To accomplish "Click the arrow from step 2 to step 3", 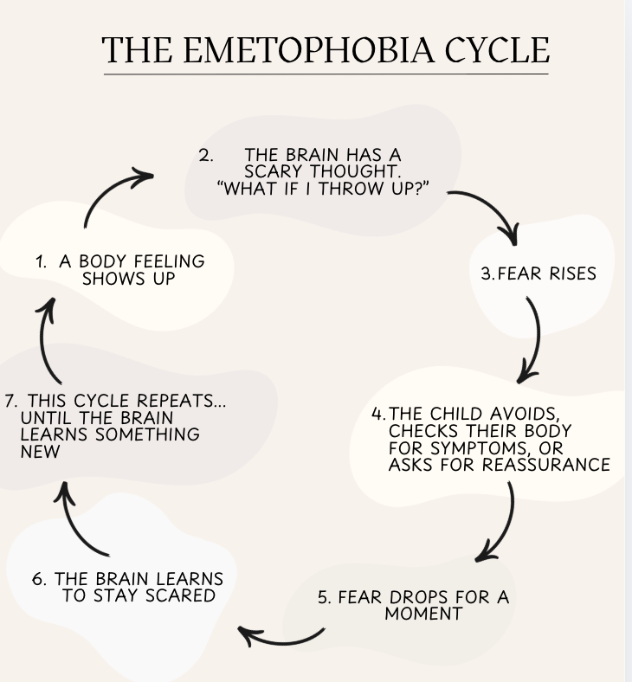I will (490, 208).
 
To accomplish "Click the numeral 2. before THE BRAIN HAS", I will (206, 157).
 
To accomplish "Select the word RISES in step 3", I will (569, 273).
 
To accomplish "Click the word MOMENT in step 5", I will (423, 614).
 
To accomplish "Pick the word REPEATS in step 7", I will (190, 401).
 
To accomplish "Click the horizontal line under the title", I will (326, 74).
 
